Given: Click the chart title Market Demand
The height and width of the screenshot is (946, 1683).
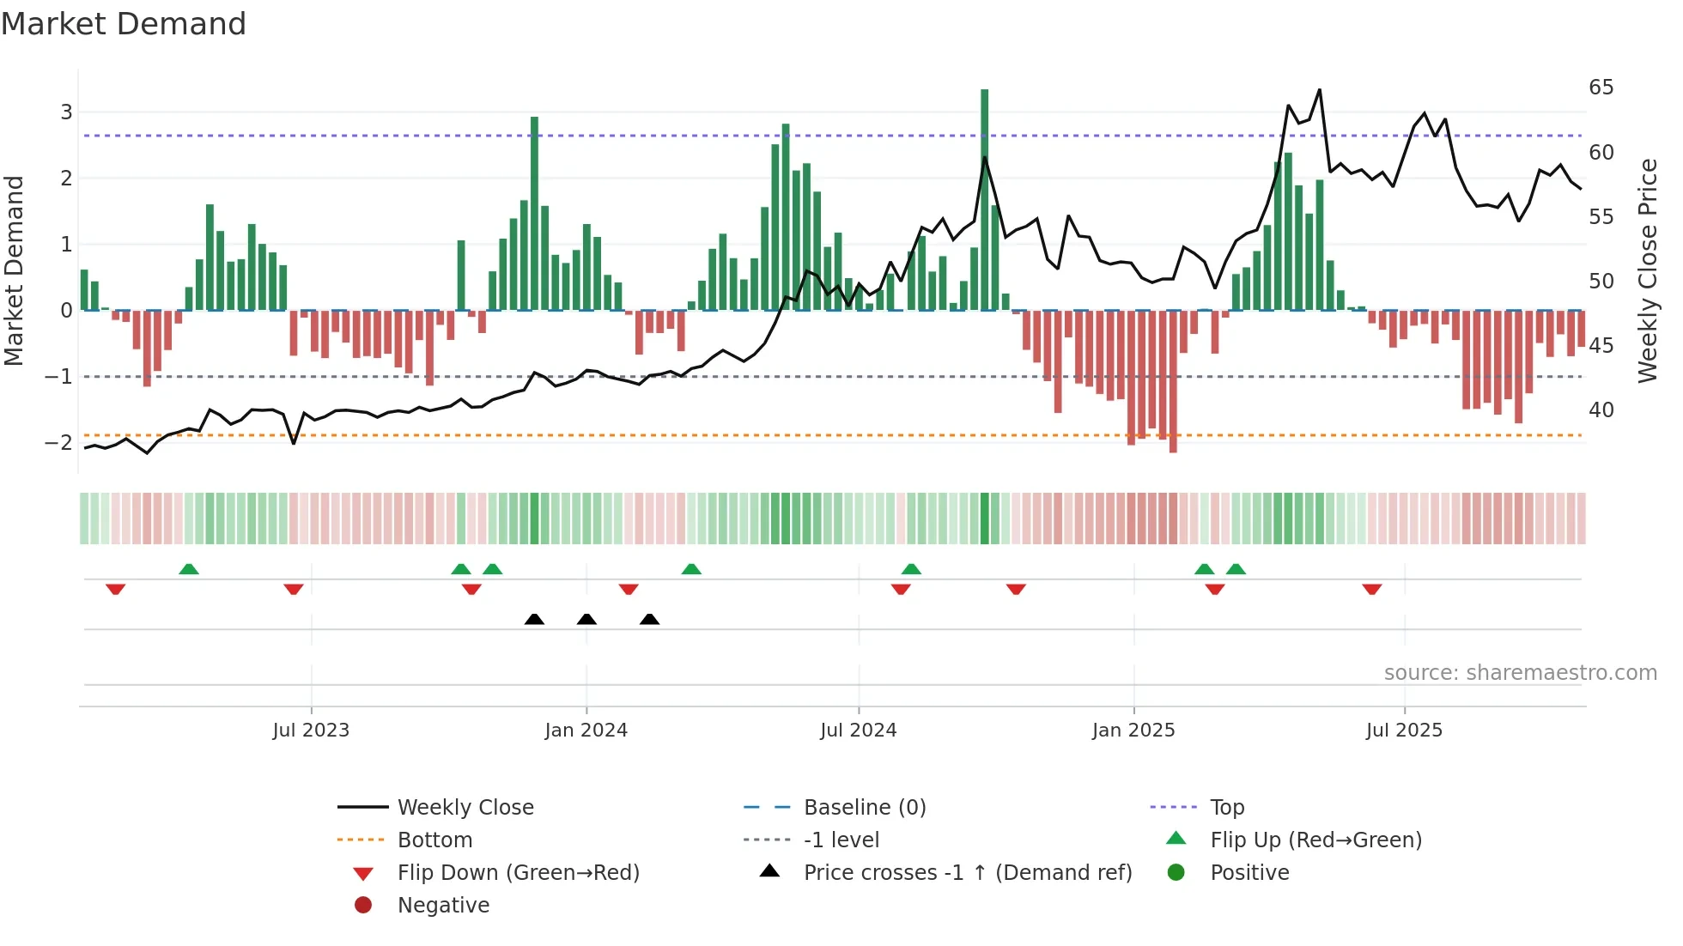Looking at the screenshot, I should tap(124, 24).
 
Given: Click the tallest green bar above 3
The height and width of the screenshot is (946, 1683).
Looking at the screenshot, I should tap(984, 197).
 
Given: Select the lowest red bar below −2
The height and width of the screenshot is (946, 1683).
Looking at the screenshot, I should tap(1173, 382).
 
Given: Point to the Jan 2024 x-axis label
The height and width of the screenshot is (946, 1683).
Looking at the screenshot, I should tap(586, 731).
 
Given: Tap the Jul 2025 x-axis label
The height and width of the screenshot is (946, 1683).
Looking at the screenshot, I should tap(1404, 731).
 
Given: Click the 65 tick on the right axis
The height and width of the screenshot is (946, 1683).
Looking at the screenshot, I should tap(1601, 88).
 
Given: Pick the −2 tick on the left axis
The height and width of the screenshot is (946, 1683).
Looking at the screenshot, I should tap(59, 443).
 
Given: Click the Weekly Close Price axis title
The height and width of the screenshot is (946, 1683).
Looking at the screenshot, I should tap(1647, 270).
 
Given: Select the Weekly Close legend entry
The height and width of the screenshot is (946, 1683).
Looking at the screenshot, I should tap(465, 808).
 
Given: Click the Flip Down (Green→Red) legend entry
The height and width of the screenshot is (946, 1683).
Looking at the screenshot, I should tap(518, 873).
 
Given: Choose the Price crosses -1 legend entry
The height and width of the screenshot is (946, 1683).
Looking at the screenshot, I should tap(967, 873).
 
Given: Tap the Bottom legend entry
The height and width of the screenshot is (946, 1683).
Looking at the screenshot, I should tap(434, 840).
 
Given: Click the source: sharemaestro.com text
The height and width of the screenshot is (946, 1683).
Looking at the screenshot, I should tap(1520, 673).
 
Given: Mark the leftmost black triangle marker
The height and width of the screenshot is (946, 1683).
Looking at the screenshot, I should tap(534, 620).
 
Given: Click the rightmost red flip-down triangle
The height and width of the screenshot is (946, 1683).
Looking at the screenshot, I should tap(1371, 589).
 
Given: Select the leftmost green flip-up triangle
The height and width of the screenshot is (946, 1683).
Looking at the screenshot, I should tap(189, 569).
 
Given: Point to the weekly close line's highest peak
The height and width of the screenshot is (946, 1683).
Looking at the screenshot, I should tap(1320, 90).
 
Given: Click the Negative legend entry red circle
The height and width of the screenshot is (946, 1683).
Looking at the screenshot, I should tap(363, 906).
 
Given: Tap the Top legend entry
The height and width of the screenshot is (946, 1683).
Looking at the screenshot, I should tap(1226, 808).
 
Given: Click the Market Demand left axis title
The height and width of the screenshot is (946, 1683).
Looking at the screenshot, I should tap(14, 270).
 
